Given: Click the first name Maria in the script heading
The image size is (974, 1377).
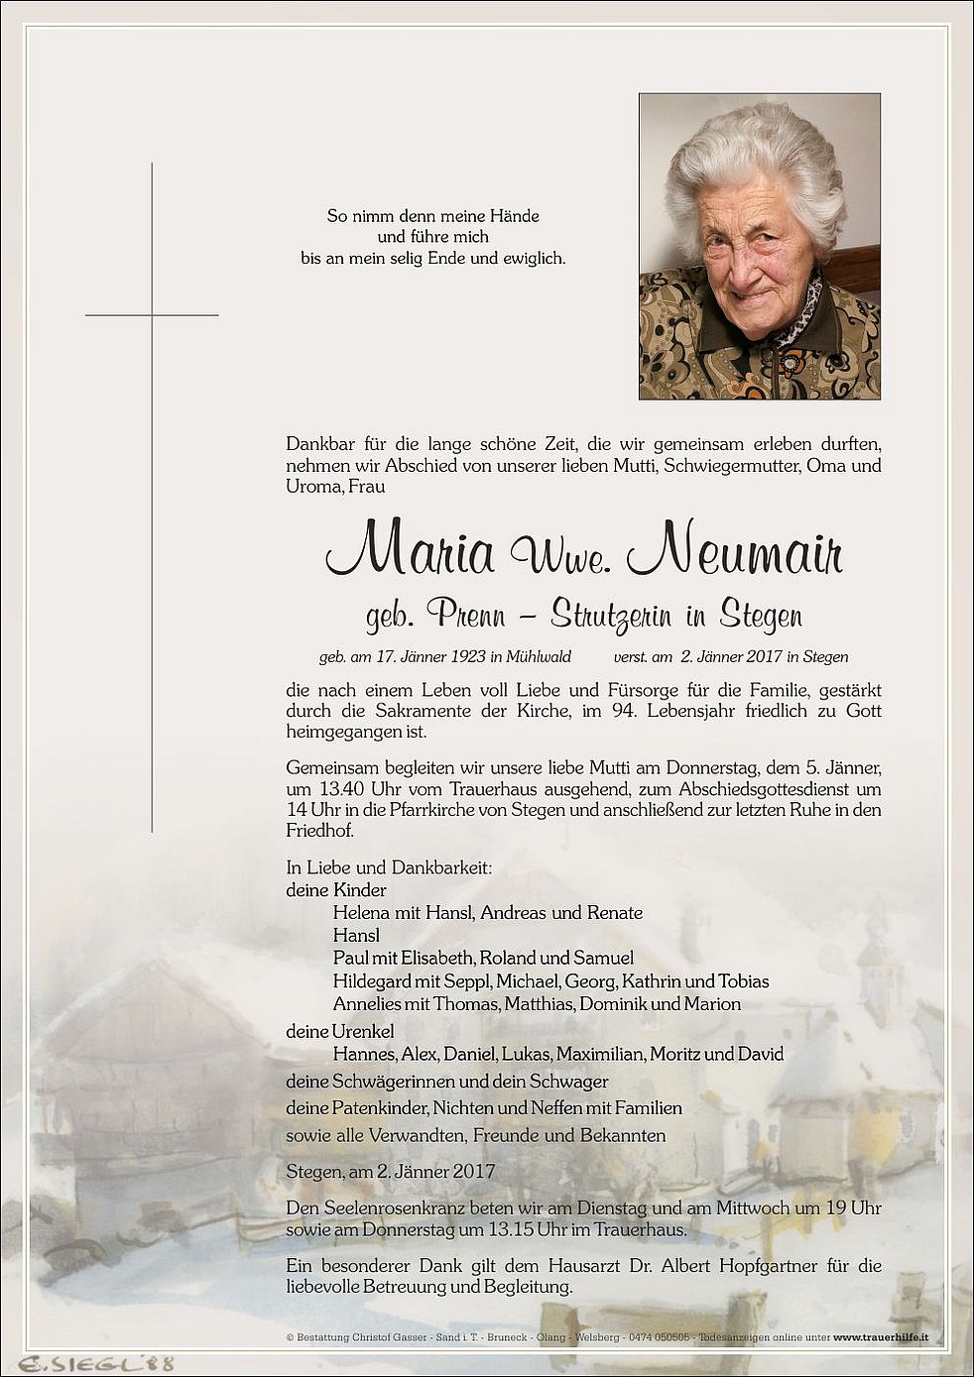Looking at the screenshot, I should coord(411,550).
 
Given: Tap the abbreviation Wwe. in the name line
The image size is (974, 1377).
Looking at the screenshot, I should coord(559,557).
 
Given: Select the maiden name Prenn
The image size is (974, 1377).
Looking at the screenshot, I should coord(466,616).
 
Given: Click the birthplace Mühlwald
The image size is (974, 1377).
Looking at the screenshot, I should coord(538,656).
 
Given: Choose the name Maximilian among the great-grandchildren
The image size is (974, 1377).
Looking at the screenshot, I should coord(600,1054).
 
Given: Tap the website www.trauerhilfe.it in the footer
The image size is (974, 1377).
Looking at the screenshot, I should coord(881,1337).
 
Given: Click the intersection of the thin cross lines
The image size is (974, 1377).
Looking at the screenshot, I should coord(152,315).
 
